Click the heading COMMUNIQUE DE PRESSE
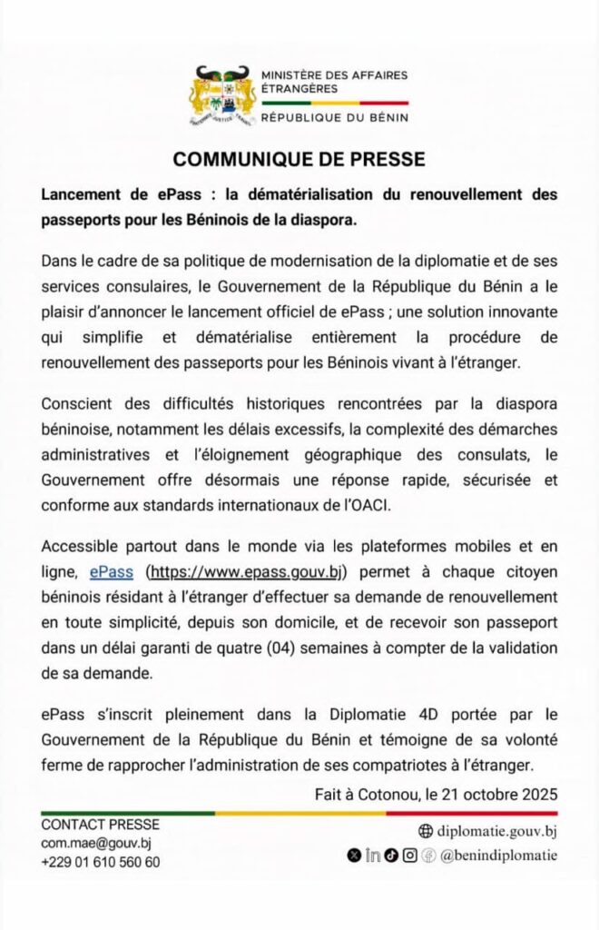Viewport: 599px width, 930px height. [x=299, y=159]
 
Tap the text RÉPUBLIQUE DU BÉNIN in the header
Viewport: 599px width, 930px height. [x=334, y=117]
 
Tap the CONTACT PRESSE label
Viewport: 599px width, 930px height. [x=101, y=825]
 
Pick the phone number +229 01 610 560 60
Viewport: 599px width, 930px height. [x=101, y=862]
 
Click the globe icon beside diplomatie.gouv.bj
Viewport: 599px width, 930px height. [x=426, y=831]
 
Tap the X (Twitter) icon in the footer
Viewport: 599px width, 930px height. [x=354, y=855]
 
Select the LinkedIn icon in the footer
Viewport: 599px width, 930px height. [x=372, y=855]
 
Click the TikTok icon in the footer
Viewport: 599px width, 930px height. [x=390, y=855]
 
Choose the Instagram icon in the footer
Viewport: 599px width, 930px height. [x=409, y=855]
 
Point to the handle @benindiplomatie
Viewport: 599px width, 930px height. [x=498, y=855]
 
